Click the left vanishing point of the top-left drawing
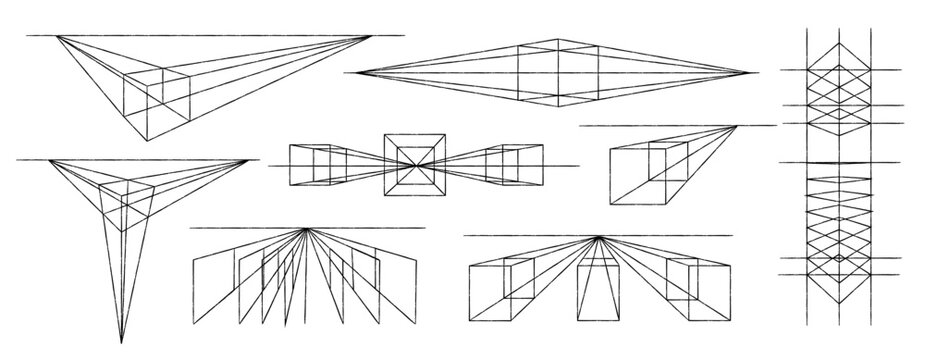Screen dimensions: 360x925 (58, 36)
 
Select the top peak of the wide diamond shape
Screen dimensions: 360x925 (554, 39)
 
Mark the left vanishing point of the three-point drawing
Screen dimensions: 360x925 (44, 159)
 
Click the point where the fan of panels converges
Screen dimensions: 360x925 (303, 230)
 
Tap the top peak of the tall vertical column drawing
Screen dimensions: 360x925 (840, 38)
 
